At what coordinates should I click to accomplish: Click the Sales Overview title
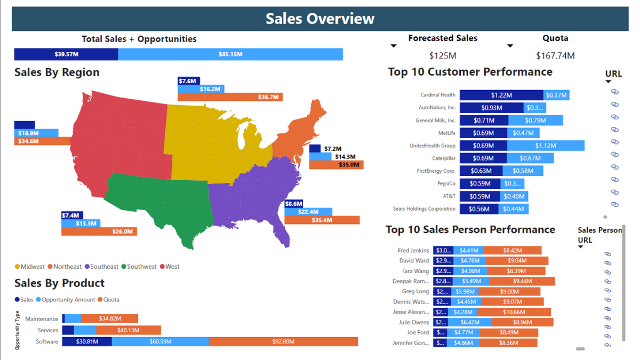point(320,19)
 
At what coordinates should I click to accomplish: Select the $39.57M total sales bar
point(66,54)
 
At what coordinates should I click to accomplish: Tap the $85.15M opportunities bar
point(230,54)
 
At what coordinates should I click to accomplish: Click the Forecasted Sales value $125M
point(443,55)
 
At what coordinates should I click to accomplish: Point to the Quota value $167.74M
point(555,55)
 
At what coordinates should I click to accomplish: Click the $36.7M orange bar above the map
point(230,97)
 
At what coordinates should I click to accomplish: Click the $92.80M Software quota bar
point(283,341)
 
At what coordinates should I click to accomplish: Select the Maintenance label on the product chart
point(42,319)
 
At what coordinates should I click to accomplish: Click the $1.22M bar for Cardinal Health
point(501,95)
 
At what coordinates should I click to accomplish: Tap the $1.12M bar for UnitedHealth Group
point(546,146)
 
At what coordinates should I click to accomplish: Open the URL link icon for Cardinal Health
point(614,92)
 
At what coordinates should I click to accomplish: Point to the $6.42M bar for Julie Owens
point(470,322)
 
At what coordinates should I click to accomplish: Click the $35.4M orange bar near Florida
point(322,220)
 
